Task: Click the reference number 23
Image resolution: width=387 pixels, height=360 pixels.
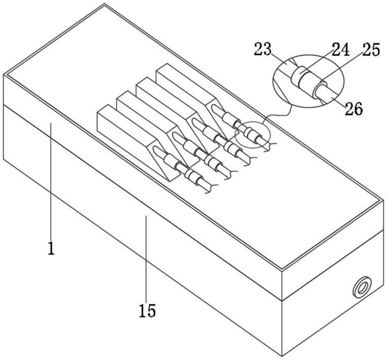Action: (263, 49)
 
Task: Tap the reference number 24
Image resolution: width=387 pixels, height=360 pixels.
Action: (341, 50)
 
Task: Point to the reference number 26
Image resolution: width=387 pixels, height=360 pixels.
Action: (354, 108)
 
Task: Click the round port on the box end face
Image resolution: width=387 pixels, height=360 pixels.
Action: (361, 287)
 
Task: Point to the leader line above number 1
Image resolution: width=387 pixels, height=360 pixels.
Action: (51, 181)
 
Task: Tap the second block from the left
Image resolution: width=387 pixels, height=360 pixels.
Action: (158, 129)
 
